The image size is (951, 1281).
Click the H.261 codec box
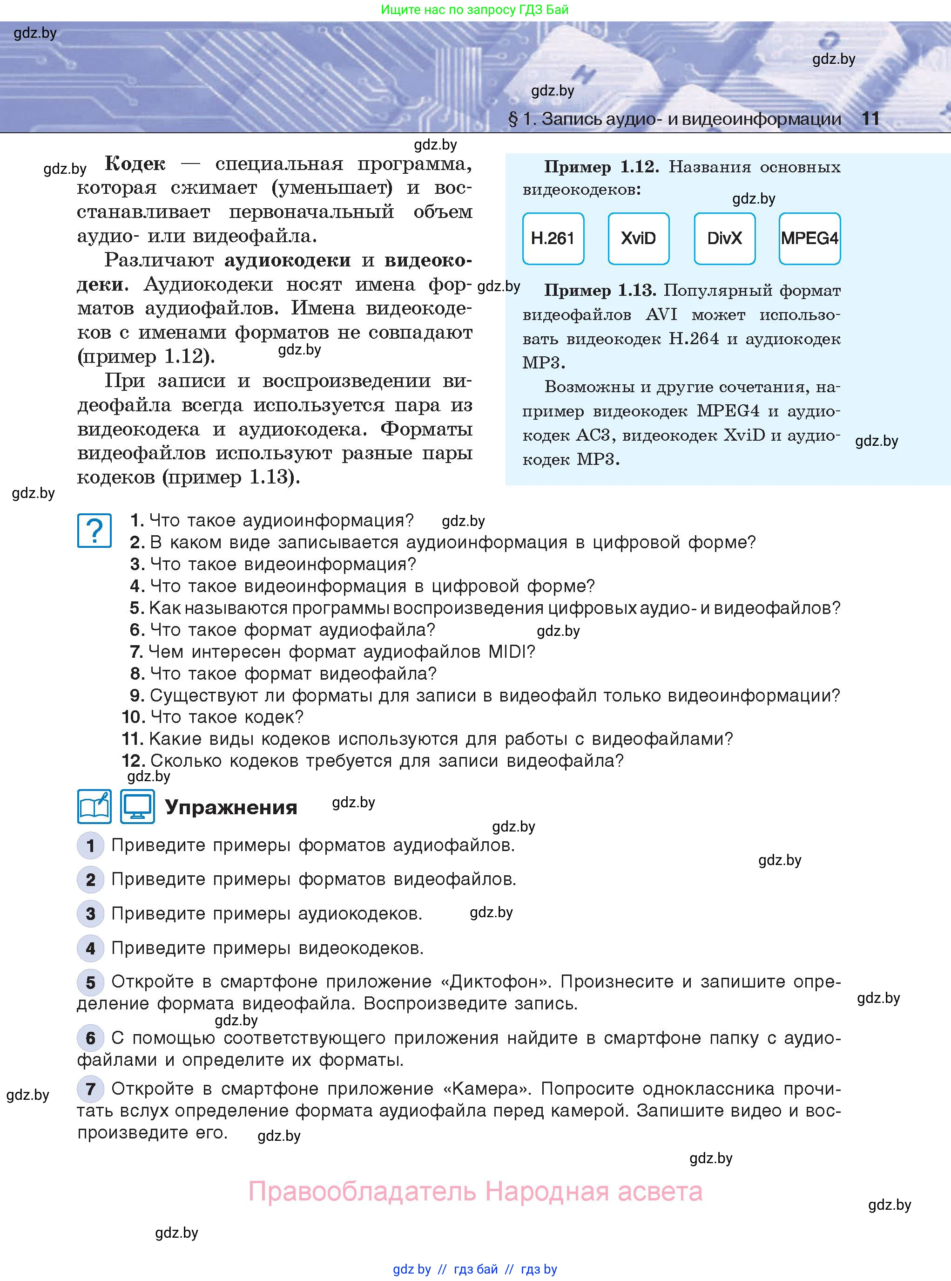point(553,238)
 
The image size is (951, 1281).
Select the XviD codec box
point(638,238)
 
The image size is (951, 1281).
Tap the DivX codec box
point(724,238)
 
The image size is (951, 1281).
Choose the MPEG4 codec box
point(809,238)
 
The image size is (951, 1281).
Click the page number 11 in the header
point(870,119)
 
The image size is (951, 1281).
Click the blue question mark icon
point(94,531)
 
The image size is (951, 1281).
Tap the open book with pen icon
point(94,806)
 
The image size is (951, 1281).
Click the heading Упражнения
point(231,808)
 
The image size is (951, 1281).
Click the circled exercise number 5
point(90,982)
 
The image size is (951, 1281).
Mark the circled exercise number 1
point(90,845)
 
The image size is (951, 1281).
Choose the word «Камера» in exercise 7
point(487,1089)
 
